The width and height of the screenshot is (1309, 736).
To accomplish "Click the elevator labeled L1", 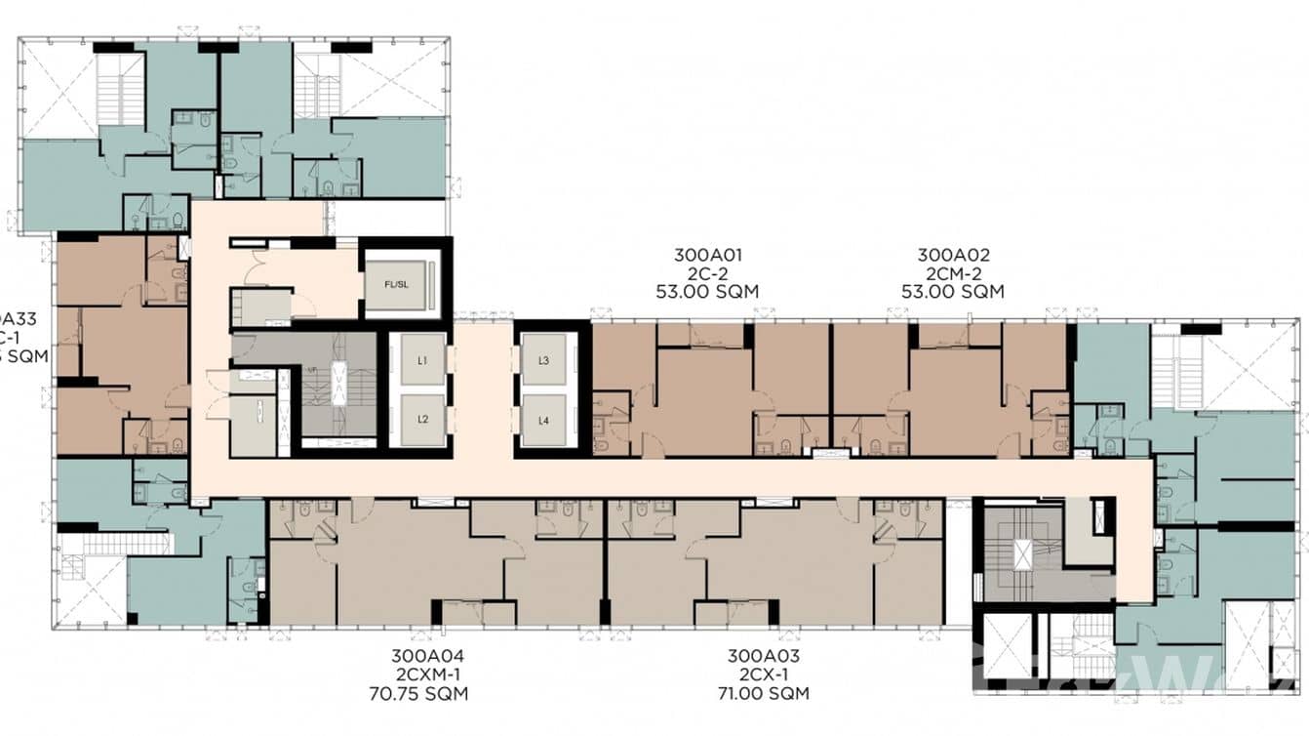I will click(422, 360).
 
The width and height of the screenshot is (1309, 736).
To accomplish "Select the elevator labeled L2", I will click(422, 419).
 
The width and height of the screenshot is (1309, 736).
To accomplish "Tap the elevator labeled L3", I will click(544, 360).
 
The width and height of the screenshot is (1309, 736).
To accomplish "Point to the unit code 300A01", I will click(708, 256).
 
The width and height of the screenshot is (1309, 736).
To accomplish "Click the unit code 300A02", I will click(952, 256).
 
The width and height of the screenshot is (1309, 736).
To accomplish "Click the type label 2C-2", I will click(708, 273).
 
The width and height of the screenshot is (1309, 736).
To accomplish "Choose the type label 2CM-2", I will click(952, 273).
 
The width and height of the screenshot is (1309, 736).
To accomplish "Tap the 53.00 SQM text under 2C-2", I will click(708, 291).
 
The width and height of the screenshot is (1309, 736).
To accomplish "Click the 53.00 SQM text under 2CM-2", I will click(952, 291).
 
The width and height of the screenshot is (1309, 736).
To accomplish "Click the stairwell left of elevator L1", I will click(337, 386).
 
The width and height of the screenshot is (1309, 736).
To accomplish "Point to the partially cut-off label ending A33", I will click(10, 317).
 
